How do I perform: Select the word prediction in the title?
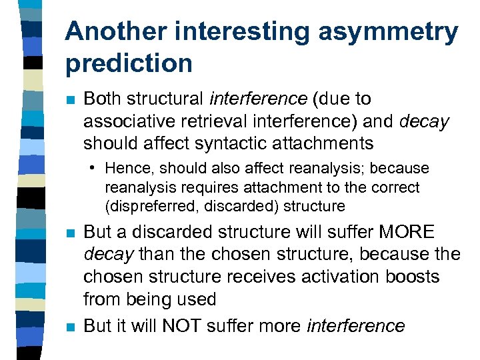coord(129,63)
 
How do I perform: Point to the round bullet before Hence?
coord(97,168)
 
